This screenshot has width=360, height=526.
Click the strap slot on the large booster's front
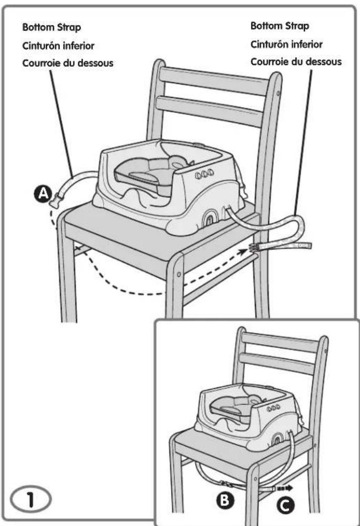click(x=211, y=216)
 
